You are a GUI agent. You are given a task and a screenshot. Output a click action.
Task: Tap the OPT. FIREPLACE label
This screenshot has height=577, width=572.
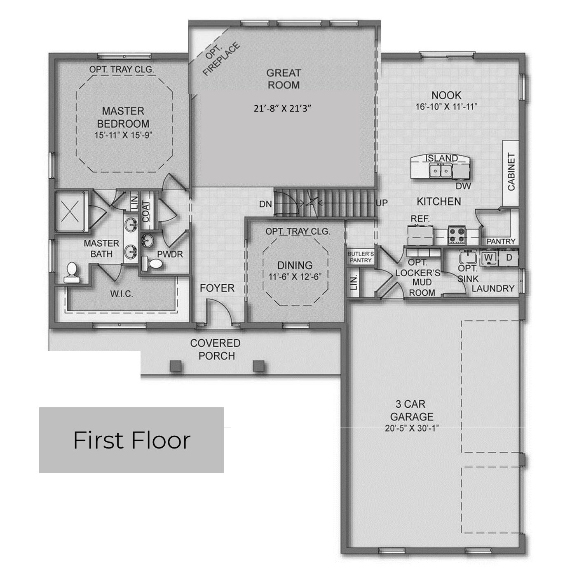click(221, 59)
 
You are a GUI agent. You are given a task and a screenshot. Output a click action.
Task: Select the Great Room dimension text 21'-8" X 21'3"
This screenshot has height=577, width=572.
click(282, 108)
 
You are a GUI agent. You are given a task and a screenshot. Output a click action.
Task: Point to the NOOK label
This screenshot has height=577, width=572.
click(446, 95)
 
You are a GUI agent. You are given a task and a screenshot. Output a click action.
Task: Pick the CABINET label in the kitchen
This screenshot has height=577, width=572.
click(511, 172)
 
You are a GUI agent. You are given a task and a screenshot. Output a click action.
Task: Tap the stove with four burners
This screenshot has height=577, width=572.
click(457, 234)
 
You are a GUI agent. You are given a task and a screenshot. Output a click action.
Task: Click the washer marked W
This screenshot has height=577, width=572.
click(489, 257)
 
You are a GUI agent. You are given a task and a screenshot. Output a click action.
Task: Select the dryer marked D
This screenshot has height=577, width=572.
click(509, 257)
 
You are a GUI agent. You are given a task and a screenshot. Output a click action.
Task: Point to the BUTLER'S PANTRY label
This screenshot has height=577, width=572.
click(361, 257)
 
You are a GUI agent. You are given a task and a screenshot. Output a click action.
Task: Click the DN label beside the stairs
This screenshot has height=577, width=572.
click(265, 204)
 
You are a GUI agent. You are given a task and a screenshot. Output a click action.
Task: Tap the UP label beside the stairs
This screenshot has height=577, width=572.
click(382, 203)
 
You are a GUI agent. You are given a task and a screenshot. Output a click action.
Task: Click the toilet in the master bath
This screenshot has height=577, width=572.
click(72, 273)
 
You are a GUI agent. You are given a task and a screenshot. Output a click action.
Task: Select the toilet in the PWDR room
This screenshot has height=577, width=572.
click(152, 263)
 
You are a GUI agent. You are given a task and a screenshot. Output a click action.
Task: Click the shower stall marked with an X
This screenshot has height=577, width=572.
click(70, 211)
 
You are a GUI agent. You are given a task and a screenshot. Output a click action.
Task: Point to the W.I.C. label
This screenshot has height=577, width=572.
click(121, 294)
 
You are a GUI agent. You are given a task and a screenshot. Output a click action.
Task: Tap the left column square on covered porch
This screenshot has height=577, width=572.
click(176, 366)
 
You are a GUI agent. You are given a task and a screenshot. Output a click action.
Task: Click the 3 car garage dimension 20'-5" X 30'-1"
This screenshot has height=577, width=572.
click(412, 428)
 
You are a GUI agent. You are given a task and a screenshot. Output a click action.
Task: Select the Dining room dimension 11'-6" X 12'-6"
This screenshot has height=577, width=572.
click(295, 276)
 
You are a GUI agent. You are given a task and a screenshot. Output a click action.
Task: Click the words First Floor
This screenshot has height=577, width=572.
click(132, 440)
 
